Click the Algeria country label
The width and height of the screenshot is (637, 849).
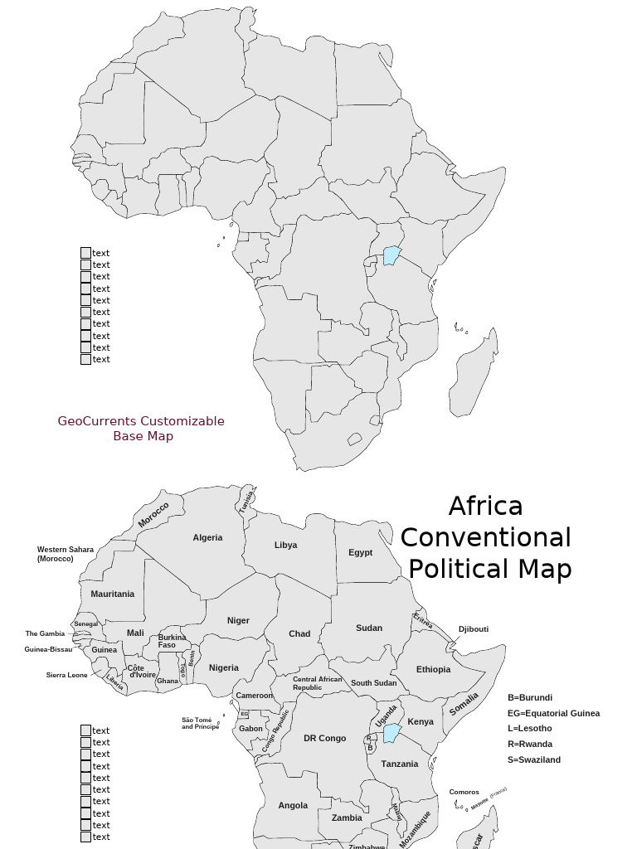(x=207, y=537)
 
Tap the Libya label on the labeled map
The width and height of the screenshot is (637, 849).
(x=285, y=545)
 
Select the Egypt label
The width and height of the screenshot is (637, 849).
(x=360, y=552)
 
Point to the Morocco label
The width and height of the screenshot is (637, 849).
(x=153, y=515)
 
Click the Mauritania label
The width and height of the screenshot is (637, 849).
(x=112, y=594)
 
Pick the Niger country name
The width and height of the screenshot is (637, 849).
(x=238, y=620)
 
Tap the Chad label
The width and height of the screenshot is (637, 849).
(x=299, y=633)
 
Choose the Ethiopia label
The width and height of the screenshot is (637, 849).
(x=433, y=669)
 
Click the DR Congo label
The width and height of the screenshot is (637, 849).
(x=324, y=738)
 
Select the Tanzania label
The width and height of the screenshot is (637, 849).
(x=400, y=764)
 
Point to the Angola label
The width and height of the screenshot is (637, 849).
(x=293, y=805)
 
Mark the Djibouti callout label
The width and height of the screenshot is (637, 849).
(x=473, y=629)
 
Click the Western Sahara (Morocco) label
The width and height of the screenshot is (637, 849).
(x=65, y=554)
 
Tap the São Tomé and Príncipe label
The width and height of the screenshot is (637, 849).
(x=200, y=723)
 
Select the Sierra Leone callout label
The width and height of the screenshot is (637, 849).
(x=66, y=675)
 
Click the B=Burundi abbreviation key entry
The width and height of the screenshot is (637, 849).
(x=529, y=697)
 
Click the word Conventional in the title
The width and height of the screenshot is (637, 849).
(x=485, y=537)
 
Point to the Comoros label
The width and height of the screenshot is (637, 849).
(x=464, y=792)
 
